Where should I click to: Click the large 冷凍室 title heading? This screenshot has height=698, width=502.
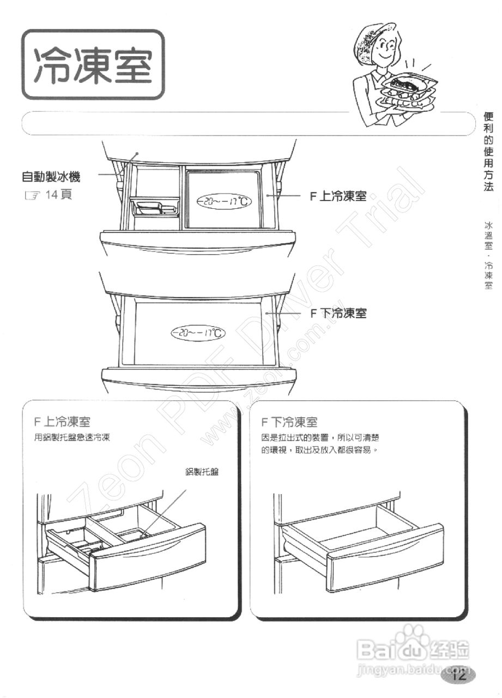point(93,65)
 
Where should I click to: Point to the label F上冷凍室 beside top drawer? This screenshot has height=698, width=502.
point(338,196)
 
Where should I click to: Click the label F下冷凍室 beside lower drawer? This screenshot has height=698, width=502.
point(338,313)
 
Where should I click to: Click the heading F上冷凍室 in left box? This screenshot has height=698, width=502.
point(62,422)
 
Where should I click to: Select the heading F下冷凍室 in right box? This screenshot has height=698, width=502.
point(289,422)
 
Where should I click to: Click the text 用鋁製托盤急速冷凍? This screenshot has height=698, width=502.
point(72,437)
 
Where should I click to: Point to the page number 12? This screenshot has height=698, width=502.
point(458,676)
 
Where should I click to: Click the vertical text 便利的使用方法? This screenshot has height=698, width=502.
point(488,151)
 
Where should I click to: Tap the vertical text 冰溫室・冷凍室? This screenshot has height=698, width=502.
point(488,254)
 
